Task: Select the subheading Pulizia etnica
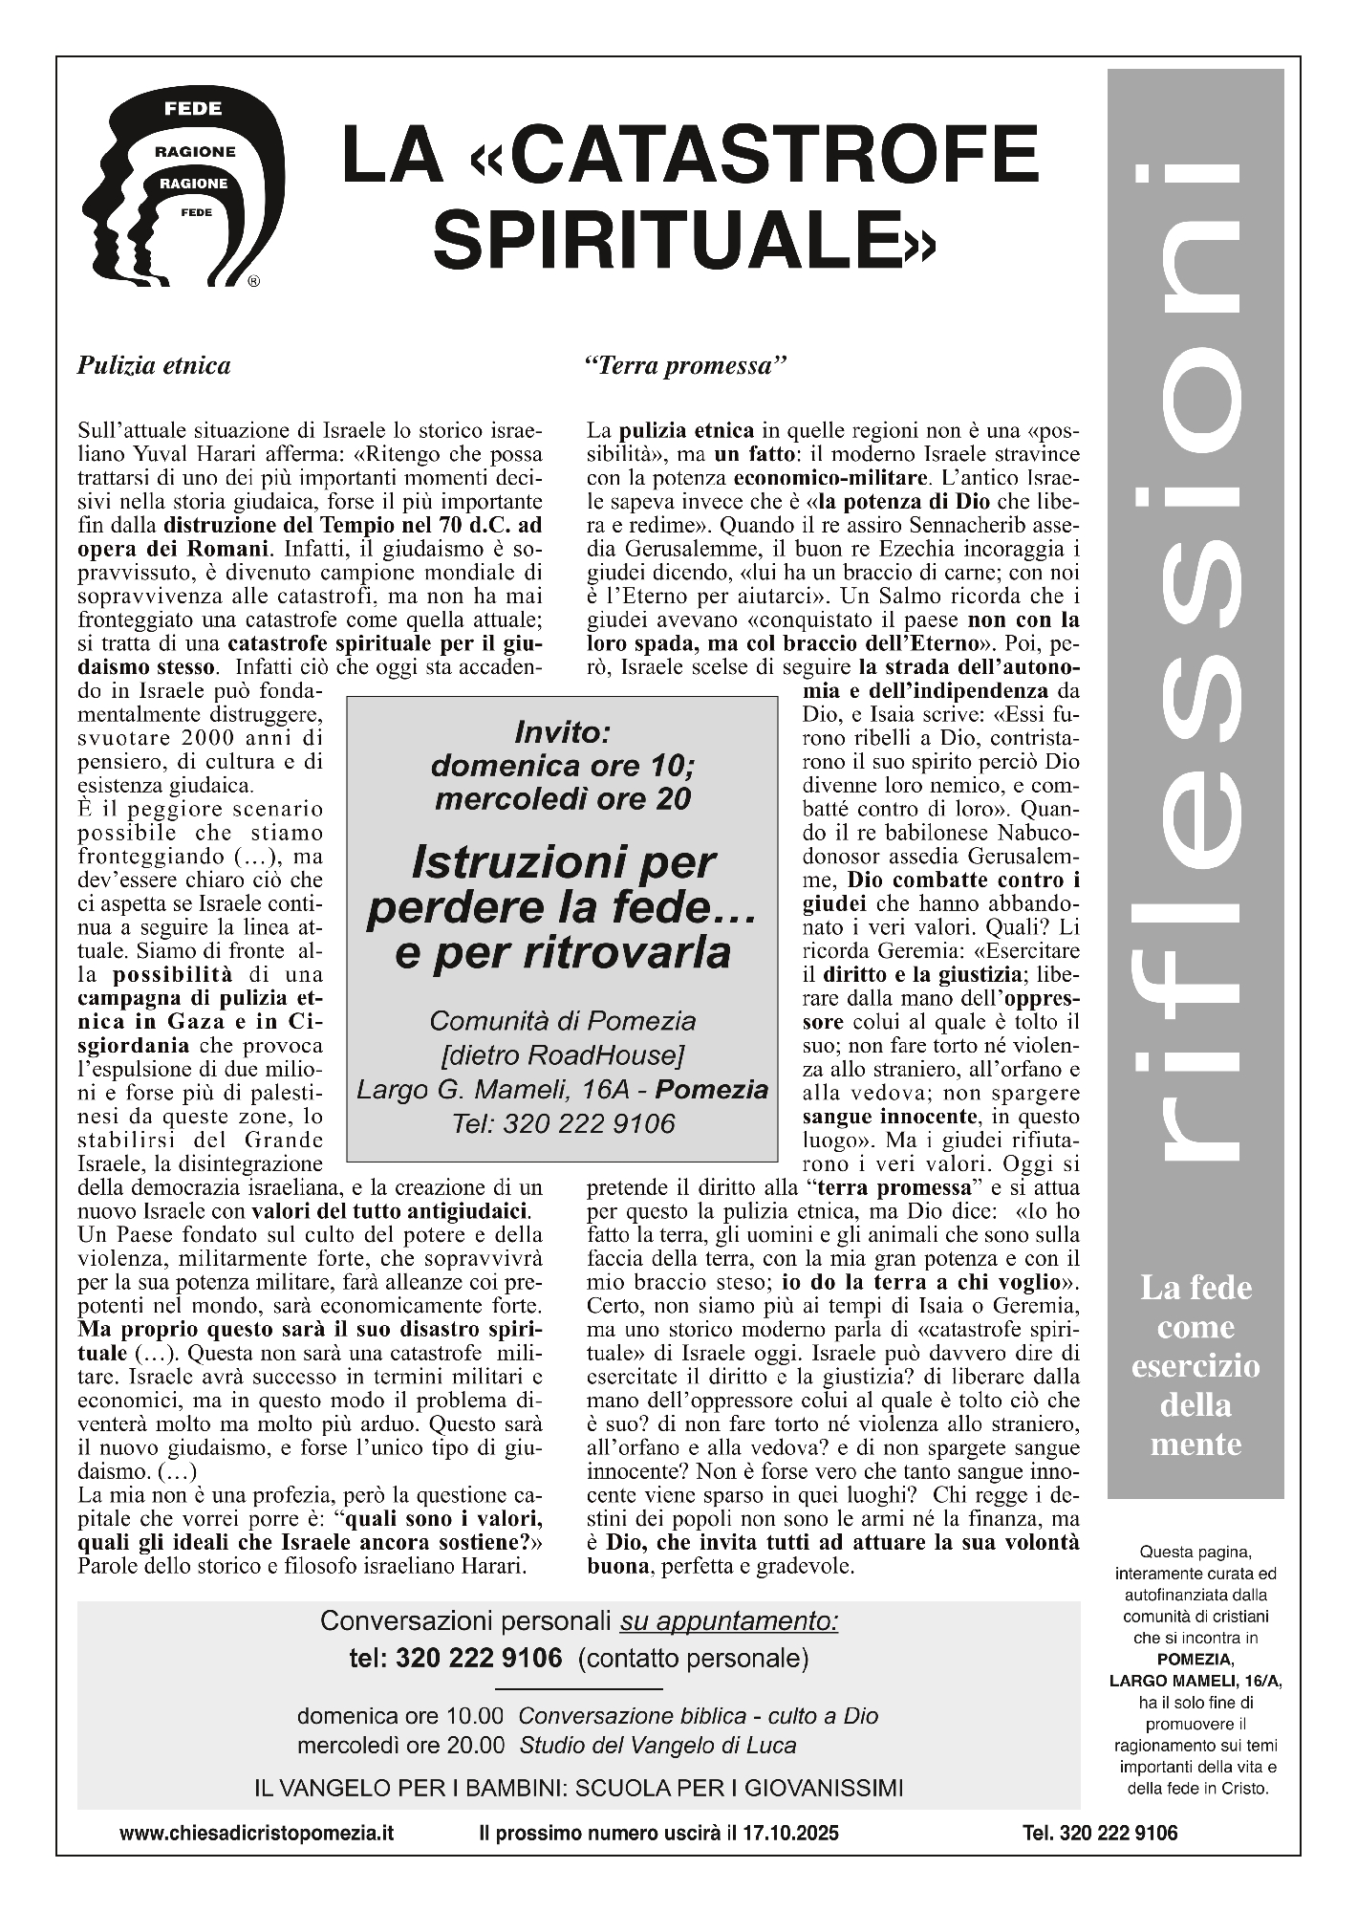[154, 366]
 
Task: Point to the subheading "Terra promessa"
[686, 366]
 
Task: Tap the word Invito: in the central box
[562, 733]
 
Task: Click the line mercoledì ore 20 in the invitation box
[562, 798]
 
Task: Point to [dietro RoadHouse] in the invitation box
[562, 1055]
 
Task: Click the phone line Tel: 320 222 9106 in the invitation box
[562, 1124]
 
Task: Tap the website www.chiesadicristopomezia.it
[257, 1833]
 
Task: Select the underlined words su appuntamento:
[729, 1621]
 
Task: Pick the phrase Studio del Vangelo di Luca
[657, 1745]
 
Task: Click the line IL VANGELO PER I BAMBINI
[578, 1787]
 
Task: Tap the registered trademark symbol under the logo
[253, 282]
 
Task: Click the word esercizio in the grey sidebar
[1195, 1366]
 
